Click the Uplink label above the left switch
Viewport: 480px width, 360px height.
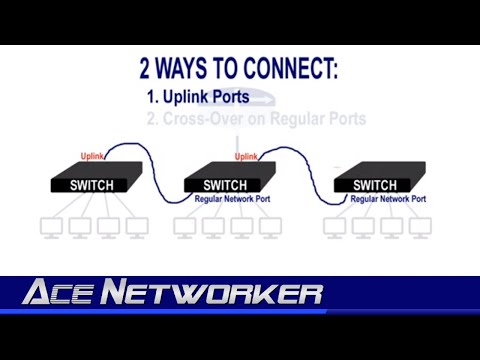click(x=92, y=156)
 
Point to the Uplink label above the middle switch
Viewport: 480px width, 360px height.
click(x=246, y=156)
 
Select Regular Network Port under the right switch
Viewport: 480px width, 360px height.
click(x=390, y=200)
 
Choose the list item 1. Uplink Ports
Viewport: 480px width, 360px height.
click(x=199, y=99)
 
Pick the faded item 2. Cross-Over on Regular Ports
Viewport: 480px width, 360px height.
click(x=256, y=119)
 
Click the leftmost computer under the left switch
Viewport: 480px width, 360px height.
click(x=50, y=227)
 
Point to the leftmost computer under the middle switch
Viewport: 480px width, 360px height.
click(x=186, y=227)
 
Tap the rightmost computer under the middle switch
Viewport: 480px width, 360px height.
click(x=270, y=227)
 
